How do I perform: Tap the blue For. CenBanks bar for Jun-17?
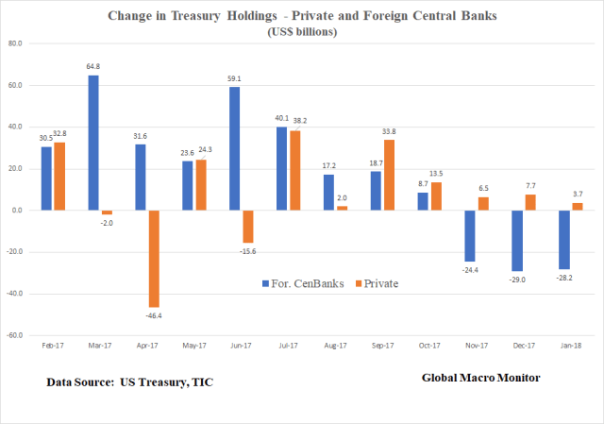(233, 148)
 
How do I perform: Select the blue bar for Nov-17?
(468, 235)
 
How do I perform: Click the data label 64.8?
(94, 67)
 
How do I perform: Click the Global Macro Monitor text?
(479, 379)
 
